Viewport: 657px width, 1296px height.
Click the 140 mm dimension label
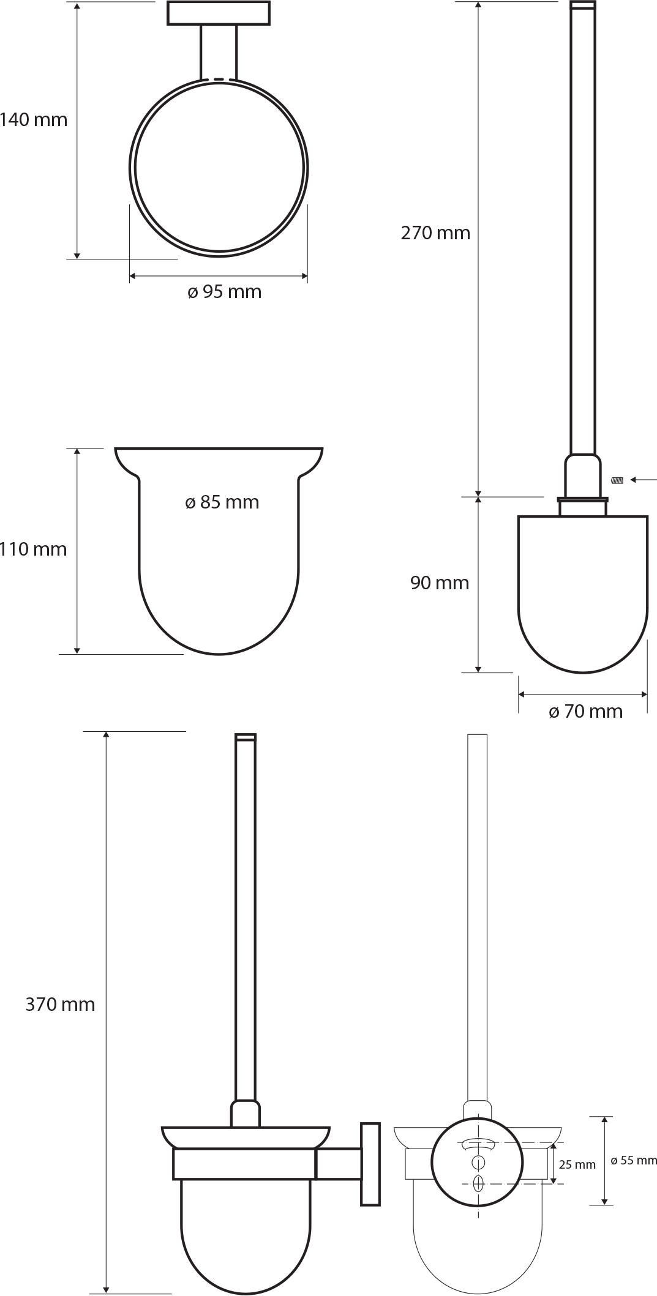point(34,119)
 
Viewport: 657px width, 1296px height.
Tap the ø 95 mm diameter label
point(224,292)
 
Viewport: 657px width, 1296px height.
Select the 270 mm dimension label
point(435,233)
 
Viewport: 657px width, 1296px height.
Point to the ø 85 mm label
point(222,502)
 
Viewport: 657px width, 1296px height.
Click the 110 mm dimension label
point(34,549)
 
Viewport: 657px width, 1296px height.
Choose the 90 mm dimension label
point(440,583)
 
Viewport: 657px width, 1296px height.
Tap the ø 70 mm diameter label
point(585,711)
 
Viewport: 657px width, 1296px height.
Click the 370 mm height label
point(60,1004)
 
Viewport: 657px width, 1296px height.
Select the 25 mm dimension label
point(577,1164)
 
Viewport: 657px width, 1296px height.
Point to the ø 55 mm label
point(634,1160)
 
